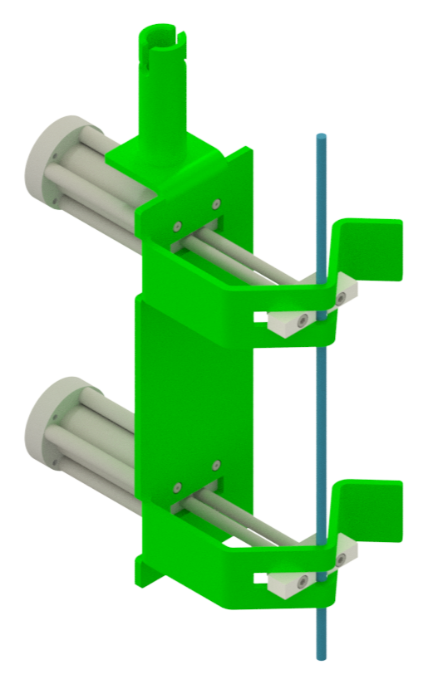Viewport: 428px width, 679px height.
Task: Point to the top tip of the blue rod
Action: point(320,136)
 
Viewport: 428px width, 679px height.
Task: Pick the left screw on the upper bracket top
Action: point(177,224)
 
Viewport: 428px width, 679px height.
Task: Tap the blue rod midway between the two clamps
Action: point(320,415)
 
